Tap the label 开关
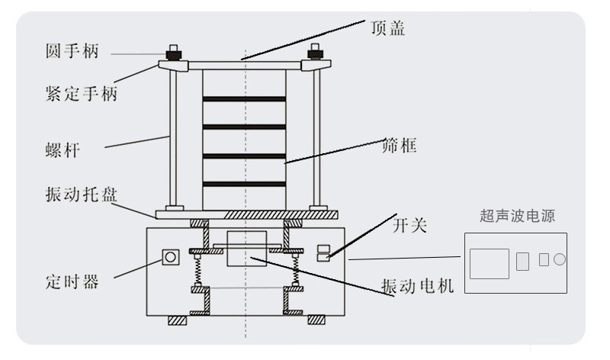click(409, 225)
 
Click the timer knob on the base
click(171, 257)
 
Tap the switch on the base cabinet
click(323, 252)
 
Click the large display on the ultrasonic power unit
click(489, 263)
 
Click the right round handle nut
click(314, 53)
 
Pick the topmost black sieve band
click(244, 98)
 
